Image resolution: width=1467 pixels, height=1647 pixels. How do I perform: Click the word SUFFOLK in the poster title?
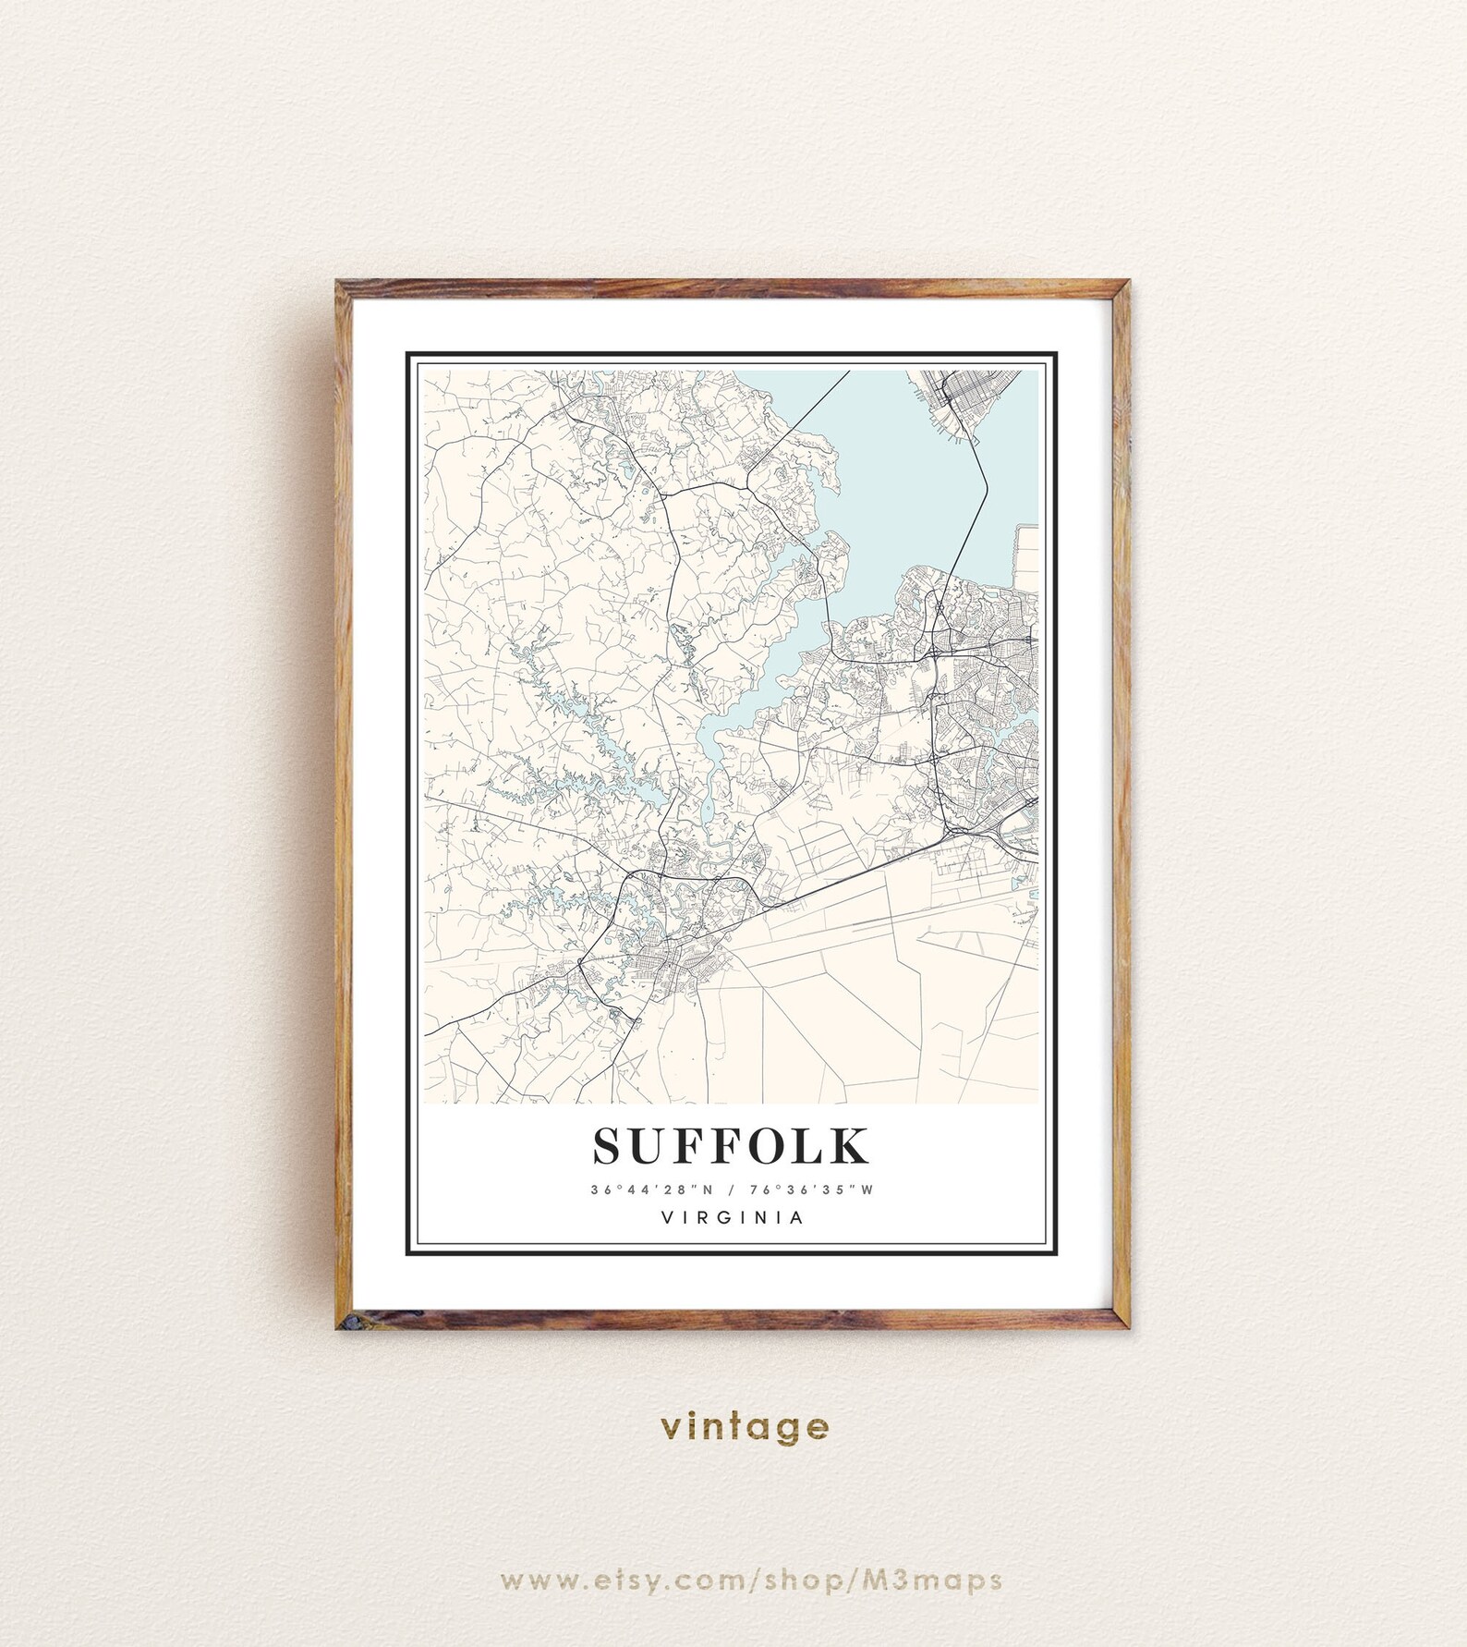(731, 1146)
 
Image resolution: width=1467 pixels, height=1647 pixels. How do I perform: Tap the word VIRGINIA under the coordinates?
(733, 1218)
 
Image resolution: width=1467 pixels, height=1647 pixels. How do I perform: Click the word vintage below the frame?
(745, 1426)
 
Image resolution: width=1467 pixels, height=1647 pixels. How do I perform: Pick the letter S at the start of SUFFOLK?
(610, 1146)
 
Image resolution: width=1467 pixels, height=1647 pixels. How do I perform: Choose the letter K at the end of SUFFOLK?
(850, 1146)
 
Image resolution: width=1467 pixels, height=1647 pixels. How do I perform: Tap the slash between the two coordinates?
(729, 1189)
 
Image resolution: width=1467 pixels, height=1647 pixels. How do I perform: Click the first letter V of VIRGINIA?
(666, 1218)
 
